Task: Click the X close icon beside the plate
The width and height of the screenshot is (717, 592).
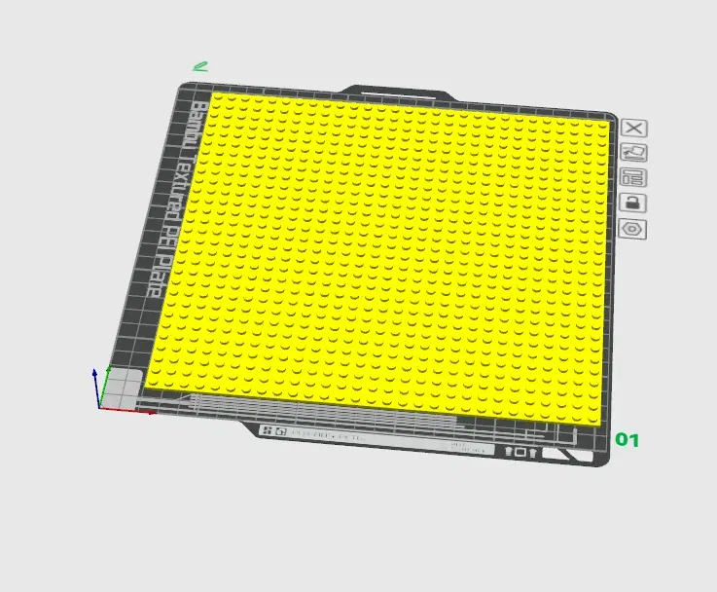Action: tap(634, 128)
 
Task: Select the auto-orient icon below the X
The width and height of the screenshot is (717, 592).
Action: tap(634, 153)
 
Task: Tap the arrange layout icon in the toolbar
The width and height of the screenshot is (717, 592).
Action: tap(633, 178)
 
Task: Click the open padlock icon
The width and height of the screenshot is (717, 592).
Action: tap(632, 203)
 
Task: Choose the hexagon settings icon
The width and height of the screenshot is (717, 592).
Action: tap(632, 229)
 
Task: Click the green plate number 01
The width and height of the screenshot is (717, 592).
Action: tap(627, 440)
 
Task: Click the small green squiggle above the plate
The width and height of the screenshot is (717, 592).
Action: tap(200, 67)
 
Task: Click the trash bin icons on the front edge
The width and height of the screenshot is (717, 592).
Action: tap(520, 452)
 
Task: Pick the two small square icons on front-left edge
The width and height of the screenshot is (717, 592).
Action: tap(273, 430)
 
